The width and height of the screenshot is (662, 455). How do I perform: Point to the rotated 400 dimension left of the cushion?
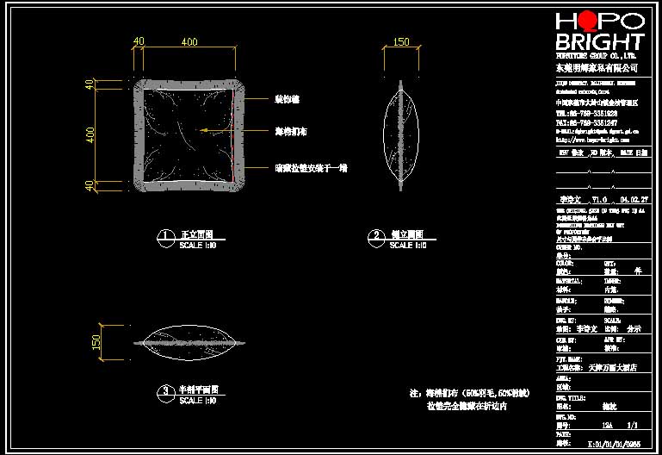point(89,134)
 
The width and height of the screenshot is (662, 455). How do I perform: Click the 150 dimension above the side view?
point(400,41)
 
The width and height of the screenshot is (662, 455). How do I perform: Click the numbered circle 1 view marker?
point(164,235)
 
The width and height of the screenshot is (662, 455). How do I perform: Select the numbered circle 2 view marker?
point(375,235)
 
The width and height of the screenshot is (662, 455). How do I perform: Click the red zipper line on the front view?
point(235,168)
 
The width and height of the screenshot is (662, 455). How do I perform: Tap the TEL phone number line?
point(586,113)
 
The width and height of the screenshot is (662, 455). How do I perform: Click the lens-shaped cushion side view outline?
point(400,134)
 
